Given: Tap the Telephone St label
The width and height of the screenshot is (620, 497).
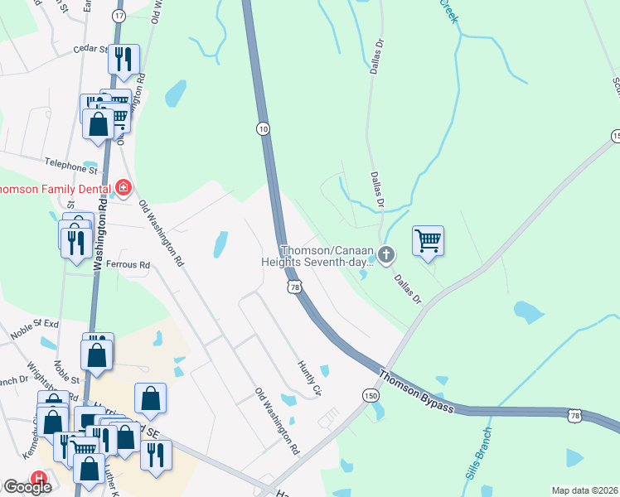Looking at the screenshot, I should tap(71, 166).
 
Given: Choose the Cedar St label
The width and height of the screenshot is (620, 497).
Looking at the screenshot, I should tap(90, 49).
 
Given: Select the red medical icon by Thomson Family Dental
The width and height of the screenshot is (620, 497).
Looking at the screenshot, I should tap(124, 188).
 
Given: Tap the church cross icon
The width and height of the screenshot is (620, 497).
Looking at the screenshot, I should tap(385, 253).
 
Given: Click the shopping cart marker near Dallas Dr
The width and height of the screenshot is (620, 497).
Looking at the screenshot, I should tap(428, 241).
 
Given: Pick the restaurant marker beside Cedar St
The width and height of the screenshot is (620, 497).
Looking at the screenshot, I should tap(124, 60).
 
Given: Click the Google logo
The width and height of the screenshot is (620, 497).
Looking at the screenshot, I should tap(27, 487).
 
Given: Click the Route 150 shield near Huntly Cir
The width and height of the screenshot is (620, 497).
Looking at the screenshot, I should tap(371, 397).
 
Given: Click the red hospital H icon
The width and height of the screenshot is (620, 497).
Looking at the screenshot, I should tap(39, 478).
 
